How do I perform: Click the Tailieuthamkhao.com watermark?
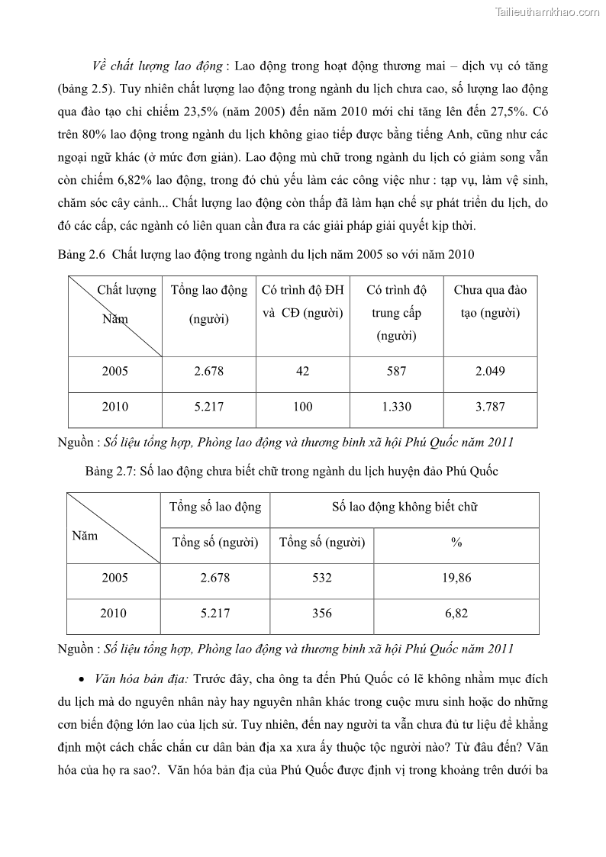[x=548, y=11]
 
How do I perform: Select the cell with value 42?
[x=302, y=372]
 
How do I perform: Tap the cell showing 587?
[x=396, y=372]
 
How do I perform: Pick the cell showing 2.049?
[x=490, y=372]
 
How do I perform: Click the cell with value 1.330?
[x=396, y=408]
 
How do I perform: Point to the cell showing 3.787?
[x=490, y=408]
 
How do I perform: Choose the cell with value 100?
[x=302, y=408]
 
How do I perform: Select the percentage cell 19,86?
[x=456, y=578]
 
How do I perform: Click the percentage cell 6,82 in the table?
[x=456, y=614]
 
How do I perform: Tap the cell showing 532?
[x=322, y=578]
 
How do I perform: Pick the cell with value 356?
[x=322, y=614]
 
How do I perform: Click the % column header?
[x=456, y=543]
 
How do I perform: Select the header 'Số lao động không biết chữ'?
[x=405, y=507]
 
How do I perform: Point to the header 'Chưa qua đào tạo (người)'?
[x=490, y=302]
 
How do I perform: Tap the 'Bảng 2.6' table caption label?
[x=80, y=254]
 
